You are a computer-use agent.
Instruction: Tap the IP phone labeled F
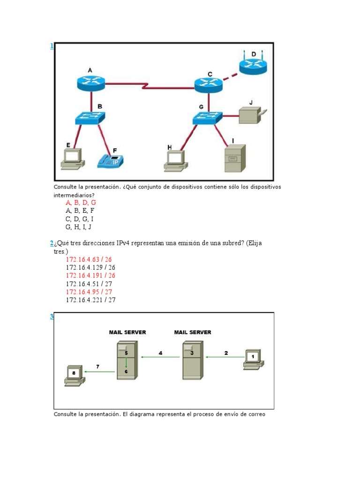point(111,161)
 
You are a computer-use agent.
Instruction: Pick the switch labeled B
point(90,117)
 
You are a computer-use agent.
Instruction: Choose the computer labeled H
point(175,159)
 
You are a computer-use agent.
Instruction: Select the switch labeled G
point(207,117)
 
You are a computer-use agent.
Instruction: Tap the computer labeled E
point(72,157)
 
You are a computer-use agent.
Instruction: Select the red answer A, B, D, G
point(81,202)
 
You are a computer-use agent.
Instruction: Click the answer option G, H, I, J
point(78,227)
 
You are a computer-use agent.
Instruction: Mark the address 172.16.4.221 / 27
point(90,300)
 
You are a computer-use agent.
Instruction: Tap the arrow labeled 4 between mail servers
point(160,357)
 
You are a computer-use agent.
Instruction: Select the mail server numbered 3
point(192,360)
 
